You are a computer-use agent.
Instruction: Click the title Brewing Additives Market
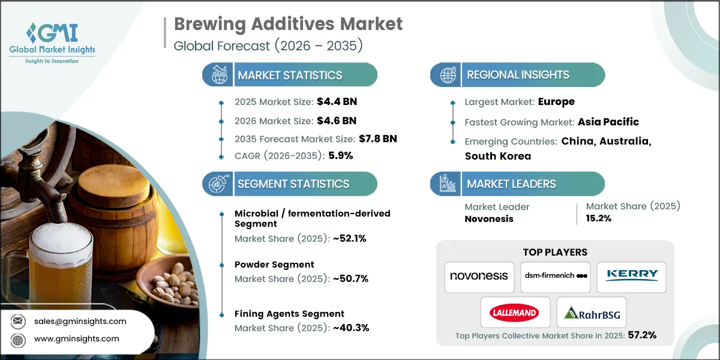pyautogui.click(x=288, y=25)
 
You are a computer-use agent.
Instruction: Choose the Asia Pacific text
pyautogui.click(x=608, y=122)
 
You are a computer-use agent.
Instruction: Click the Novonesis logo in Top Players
pyautogui.click(x=479, y=277)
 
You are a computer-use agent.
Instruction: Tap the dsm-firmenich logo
pyautogui.click(x=555, y=277)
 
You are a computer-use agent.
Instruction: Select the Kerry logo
pyautogui.click(x=631, y=276)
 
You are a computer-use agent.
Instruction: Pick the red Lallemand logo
pyautogui.click(x=514, y=312)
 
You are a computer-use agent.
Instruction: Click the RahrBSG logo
pyautogui.click(x=591, y=312)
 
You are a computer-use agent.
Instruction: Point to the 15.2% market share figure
pyautogui.click(x=598, y=218)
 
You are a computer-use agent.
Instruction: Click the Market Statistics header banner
pyautogui.click(x=290, y=75)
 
